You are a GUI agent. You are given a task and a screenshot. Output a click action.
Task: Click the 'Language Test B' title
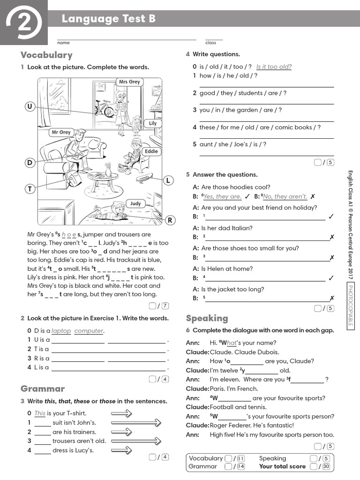tap(108, 19)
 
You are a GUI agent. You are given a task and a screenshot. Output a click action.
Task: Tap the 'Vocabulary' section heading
tap(46, 55)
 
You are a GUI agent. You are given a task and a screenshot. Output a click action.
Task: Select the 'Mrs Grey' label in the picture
tap(129, 82)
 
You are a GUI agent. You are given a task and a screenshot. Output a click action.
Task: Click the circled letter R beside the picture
tap(170, 220)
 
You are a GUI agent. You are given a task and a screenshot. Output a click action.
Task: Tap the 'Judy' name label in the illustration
tap(135, 203)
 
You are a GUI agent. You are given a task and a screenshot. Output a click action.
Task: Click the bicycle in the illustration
tap(104, 108)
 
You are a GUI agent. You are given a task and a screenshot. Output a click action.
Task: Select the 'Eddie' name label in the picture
tap(151, 151)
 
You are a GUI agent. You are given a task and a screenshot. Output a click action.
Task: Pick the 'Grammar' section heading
tap(43, 389)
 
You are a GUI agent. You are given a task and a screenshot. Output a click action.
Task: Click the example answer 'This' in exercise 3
tap(40, 413)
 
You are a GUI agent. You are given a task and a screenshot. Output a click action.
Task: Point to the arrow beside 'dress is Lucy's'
tap(121, 450)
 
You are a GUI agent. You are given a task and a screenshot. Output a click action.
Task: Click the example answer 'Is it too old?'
tap(274, 67)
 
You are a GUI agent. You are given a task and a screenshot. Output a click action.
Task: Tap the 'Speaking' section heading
tap(207, 318)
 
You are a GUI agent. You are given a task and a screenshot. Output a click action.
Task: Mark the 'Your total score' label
tap(282, 466)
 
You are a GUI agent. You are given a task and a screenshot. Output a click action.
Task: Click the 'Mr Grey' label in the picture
tap(61, 132)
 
